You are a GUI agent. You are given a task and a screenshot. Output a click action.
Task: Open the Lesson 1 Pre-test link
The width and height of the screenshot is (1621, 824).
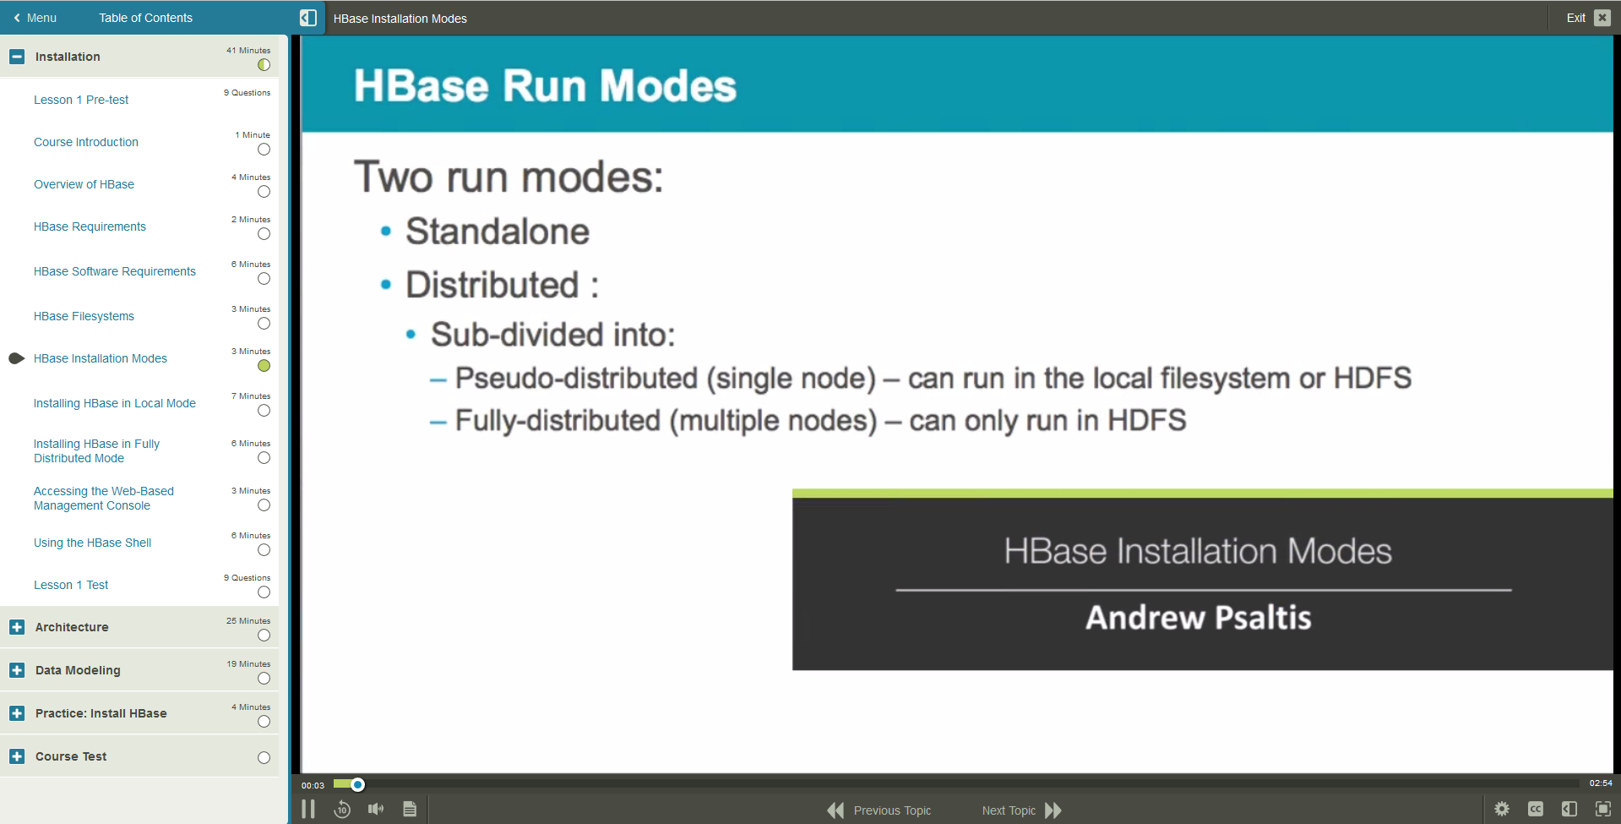click(81, 100)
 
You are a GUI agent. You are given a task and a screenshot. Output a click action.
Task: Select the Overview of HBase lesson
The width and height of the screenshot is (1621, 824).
click(84, 184)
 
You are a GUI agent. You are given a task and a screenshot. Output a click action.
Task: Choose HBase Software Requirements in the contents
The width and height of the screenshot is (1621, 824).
click(114, 271)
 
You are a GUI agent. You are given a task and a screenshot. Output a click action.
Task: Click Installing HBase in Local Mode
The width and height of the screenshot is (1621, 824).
click(114, 403)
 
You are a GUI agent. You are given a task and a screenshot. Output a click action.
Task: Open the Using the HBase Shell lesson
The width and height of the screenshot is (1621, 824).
click(92, 543)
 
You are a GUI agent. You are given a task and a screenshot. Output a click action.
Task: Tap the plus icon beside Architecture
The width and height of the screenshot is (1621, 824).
click(17, 627)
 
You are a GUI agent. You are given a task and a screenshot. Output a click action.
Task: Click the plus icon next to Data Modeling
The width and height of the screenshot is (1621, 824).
click(17, 670)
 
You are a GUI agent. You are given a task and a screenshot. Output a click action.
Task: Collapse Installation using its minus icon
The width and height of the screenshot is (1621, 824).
click(17, 57)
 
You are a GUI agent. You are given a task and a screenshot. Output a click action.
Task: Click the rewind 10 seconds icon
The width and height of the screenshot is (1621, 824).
click(342, 810)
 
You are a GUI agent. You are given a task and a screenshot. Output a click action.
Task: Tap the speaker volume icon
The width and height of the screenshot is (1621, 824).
click(376, 810)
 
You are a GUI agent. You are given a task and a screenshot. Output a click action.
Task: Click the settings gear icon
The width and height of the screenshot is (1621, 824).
click(1502, 810)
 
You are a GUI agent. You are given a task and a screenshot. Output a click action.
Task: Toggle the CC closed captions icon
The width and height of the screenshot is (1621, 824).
click(1536, 810)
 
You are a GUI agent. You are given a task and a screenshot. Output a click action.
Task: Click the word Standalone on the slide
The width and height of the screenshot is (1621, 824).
click(498, 232)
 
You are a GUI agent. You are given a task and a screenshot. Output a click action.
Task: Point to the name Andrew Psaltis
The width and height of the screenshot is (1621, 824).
click(1198, 618)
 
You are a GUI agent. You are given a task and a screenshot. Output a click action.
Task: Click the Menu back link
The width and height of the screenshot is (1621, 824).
click(35, 18)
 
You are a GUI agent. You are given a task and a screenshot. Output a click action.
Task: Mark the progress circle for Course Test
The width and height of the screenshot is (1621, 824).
click(264, 757)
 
